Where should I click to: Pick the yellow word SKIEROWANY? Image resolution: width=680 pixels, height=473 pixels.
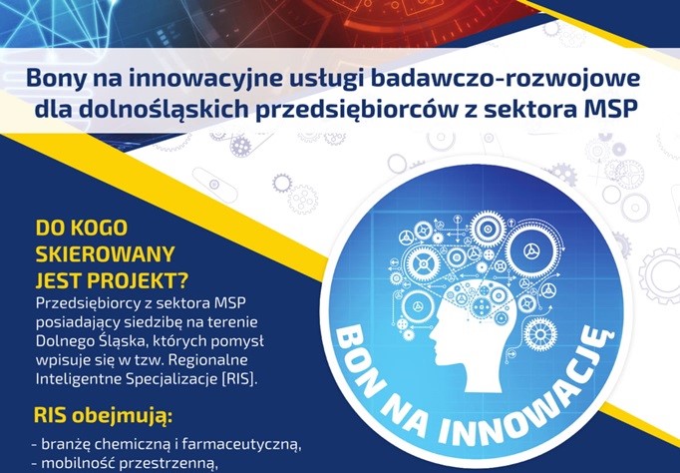(105, 249)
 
